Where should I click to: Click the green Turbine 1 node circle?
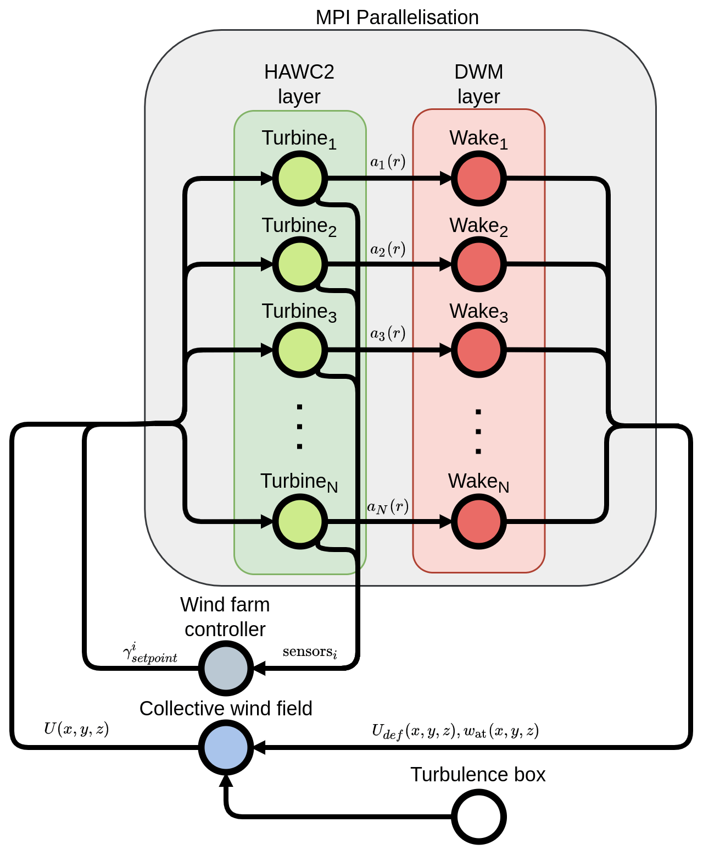300,179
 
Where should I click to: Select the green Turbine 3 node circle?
300,350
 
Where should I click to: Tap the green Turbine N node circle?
300,521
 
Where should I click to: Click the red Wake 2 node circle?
478,264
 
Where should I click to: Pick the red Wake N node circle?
478,521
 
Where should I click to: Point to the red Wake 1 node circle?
478,179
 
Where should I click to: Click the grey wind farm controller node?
226,668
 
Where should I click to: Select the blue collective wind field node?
226,747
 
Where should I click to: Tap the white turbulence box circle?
478,817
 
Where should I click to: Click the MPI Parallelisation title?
397,18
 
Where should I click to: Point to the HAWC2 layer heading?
299,84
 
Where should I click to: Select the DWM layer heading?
478,84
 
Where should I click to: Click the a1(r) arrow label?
388,162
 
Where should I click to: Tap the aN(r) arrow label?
388,506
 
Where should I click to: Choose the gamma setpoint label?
150,653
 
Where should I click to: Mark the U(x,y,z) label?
76,729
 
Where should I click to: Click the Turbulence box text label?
478,775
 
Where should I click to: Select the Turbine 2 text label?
299,227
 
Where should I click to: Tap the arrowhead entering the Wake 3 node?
445,350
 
